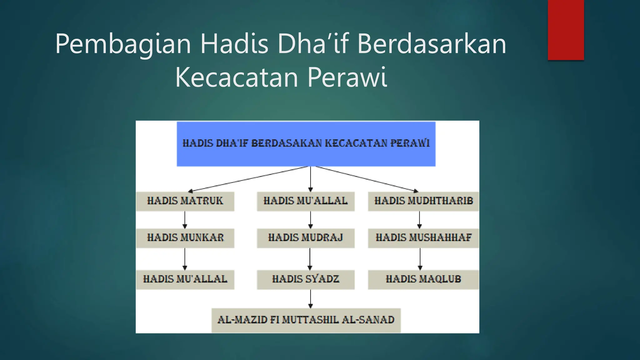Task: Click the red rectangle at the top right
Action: tap(566, 30)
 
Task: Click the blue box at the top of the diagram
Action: tap(306, 144)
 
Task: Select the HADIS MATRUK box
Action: tap(185, 201)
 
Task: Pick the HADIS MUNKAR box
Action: tap(185, 238)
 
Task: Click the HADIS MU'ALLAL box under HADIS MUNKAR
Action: tap(185, 279)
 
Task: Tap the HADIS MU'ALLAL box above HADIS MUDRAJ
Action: tap(306, 201)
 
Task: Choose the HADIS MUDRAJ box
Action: tap(306, 238)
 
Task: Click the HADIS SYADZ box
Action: tap(306, 279)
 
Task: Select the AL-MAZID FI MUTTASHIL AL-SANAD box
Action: tap(306, 320)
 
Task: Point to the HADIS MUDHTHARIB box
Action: tap(423, 201)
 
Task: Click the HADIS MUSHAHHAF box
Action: tap(423, 238)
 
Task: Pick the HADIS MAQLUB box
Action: tap(423, 279)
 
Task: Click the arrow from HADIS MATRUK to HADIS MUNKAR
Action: tap(185, 220)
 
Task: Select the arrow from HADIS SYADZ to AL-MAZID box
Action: tap(310, 299)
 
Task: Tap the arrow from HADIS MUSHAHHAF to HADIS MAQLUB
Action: tap(420, 259)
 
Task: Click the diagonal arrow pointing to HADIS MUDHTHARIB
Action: tap(366, 178)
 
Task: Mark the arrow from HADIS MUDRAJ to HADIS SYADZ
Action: tap(310, 259)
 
